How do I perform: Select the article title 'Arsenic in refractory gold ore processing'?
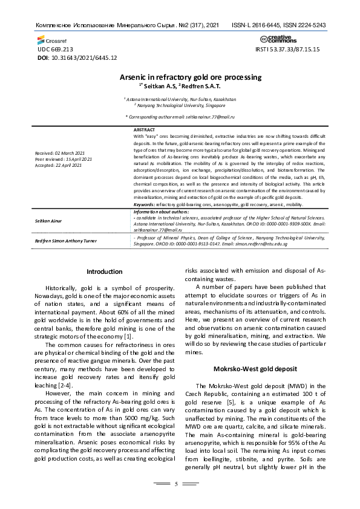[x=182, y=77]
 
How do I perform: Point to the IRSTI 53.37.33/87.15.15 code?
[x=288, y=49]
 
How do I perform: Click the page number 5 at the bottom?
[x=176, y=484]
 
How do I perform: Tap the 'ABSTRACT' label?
[x=144, y=130]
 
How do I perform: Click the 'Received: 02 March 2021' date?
[x=60, y=154]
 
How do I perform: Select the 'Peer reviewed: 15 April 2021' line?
[x=64, y=159]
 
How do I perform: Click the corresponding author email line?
[x=180, y=115]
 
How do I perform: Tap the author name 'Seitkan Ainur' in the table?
[x=50, y=222]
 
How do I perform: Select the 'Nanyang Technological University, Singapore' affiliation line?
[x=180, y=104]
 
